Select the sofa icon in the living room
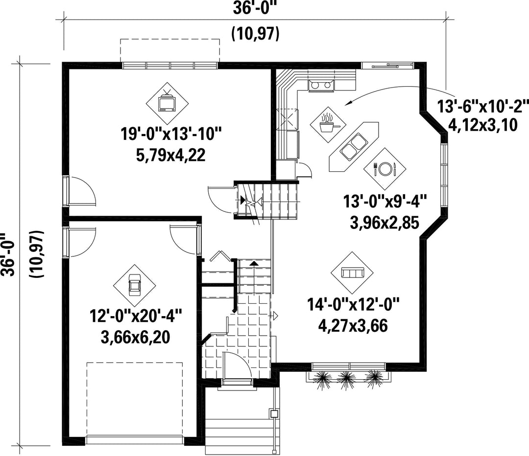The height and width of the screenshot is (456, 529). (x=352, y=273)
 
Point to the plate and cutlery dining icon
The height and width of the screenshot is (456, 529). (x=385, y=168)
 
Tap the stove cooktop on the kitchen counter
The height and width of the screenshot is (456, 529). (x=321, y=86)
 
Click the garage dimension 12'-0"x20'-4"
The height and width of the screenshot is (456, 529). (x=136, y=317)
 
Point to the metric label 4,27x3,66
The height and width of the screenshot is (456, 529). (x=353, y=326)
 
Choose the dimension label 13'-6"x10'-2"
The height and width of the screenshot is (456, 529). (x=483, y=107)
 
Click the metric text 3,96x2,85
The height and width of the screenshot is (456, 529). (x=385, y=223)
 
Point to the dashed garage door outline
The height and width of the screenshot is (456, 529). (x=135, y=399)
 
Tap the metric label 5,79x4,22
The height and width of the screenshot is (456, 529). (x=171, y=156)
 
